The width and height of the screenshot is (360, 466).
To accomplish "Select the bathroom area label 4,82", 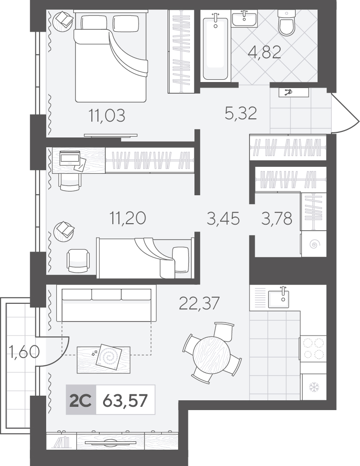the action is point(264,53).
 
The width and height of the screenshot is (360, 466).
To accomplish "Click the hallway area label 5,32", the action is point(241,113).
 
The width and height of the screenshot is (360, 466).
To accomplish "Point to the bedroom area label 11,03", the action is point(107,115).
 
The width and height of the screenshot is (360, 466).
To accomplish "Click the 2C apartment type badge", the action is point(81,400).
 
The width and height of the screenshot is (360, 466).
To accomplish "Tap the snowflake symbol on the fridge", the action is point(313,387).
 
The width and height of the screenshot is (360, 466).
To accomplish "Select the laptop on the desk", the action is point(70,158).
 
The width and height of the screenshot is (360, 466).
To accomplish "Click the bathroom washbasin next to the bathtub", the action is point(244,19).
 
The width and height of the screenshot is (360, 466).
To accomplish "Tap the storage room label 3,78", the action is point(277,219).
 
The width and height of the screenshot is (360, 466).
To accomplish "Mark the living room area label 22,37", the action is point(199,303).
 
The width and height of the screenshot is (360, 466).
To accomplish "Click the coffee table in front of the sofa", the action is point(103,360).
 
